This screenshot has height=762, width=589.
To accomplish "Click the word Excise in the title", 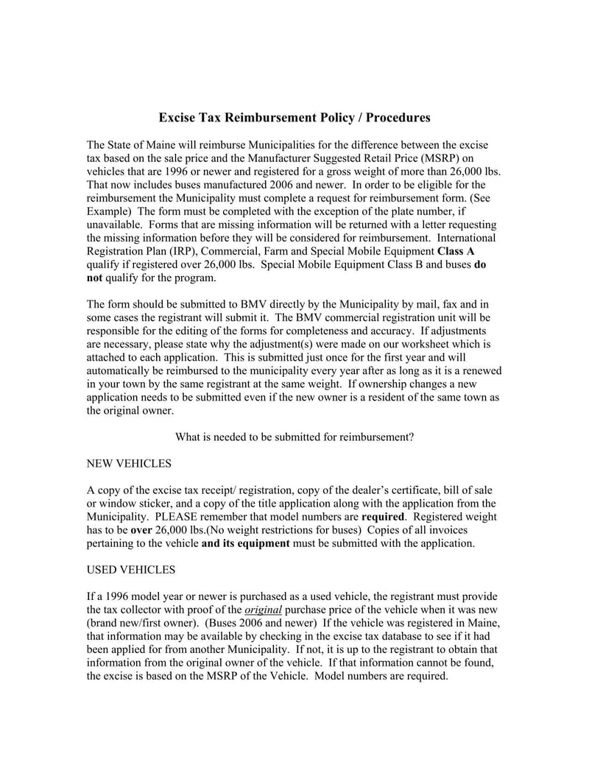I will point(180,118).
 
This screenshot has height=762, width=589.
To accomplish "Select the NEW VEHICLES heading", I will point(129,464).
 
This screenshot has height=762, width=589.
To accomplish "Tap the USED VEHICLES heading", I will point(131,570).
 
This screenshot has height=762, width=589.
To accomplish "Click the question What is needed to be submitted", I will point(294,437).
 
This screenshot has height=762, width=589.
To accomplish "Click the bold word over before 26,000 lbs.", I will point(142,530).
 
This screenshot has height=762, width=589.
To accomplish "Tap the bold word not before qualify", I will point(96,278).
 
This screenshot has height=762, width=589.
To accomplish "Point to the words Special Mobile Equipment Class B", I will point(348,264).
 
